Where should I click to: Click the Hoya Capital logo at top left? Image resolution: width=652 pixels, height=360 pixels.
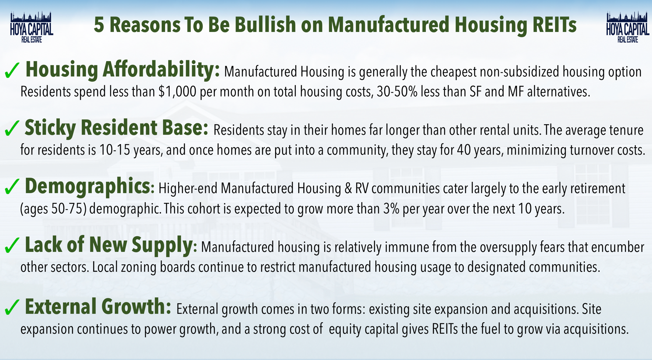(x=32, y=27)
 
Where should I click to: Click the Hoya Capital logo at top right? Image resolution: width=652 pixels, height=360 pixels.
(x=627, y=27)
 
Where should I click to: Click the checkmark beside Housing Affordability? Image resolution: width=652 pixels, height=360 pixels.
(x=12, y=70)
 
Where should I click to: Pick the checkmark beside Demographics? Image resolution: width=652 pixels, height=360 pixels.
(x=12, y=187)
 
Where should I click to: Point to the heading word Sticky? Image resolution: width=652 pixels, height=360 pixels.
(x=50, y=128)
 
